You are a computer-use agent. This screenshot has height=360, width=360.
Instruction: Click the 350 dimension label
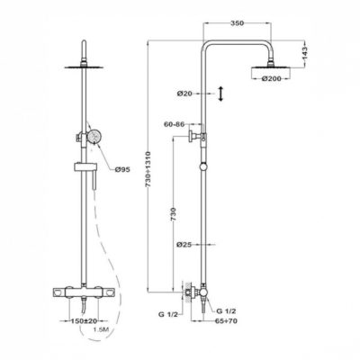click(x=238, y=23)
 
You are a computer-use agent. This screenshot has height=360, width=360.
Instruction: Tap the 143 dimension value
click(x=304, y=53)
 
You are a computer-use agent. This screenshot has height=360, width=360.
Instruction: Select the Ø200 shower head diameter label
click(x=271, y=78)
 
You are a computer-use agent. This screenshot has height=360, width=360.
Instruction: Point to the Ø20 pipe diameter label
click(x=184, y=94)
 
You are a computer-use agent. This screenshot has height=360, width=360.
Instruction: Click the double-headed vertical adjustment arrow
click(x=220, y=94)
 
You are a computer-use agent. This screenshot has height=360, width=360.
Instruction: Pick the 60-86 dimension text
click(x=174, y=124)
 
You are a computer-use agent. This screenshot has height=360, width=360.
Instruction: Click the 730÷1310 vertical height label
click(x=148, y=170)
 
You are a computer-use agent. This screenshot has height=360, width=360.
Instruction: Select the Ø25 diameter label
click(x=184, y=245)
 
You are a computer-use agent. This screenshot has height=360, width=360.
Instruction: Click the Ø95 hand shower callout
click(x=122, y=170)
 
